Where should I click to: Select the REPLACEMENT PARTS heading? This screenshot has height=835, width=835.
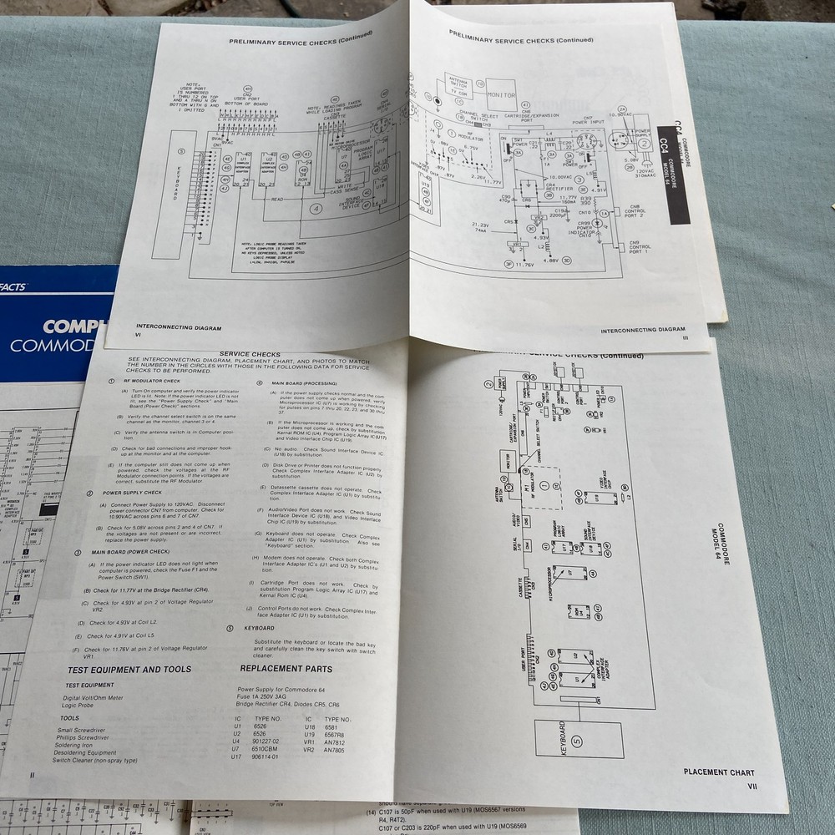[286, 669]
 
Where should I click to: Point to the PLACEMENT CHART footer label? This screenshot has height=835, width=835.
[718, 773]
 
